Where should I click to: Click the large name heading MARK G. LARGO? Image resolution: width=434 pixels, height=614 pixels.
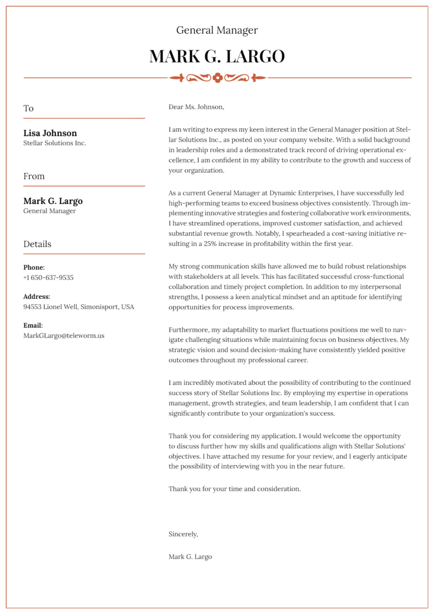click(x=217, y=56)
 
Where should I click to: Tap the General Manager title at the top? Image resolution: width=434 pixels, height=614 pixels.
click(x=217, y=30)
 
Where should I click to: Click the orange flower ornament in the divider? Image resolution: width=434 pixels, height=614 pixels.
click(x=218, y=78)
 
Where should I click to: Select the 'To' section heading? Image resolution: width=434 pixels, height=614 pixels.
click(x=28, y=108)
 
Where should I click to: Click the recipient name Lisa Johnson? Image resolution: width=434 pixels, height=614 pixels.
click(x=50, y=133)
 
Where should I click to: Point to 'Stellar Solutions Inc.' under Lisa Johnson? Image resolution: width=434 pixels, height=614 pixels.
click(x=54, y=143)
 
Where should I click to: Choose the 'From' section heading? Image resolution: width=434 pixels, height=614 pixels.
click(x=34, y=176)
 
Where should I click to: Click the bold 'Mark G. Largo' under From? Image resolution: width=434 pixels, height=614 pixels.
click(x=53, y=201)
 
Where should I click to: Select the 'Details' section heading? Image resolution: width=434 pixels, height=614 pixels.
click(x=37, y=244)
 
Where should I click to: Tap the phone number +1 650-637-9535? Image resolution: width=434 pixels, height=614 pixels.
click(x=48, y=277)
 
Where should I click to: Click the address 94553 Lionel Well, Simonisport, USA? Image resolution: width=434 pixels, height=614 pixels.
click(x=78, y=307)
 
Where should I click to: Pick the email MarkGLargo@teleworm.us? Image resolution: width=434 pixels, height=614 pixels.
click(x=63, y=336)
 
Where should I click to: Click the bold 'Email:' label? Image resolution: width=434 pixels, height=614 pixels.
click(x=33, y=326)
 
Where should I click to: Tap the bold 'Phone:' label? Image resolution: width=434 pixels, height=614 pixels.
click(x=34, y=268)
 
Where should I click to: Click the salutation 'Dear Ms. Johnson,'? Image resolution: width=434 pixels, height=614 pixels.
click(x=196, y=107)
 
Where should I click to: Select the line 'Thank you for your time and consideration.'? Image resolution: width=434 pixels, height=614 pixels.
click(x=234, y=489)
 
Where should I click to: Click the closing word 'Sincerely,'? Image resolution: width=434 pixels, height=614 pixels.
click(x=183, y=534)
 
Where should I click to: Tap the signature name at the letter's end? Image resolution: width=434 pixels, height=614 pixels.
click(x=190, y=556)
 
